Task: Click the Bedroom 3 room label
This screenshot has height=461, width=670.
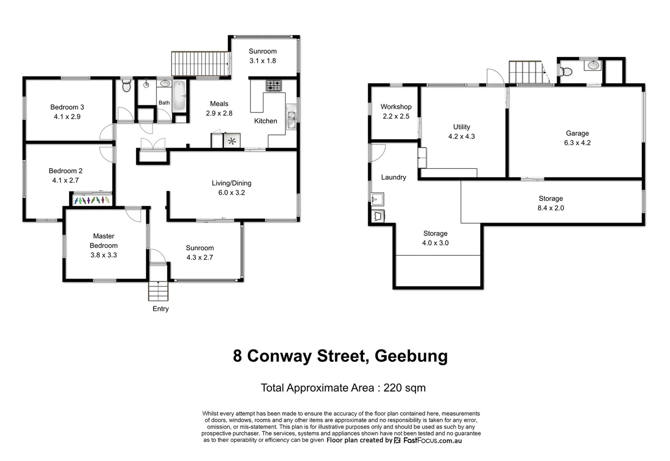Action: (67, 107)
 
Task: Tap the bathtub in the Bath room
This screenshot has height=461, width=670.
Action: (179, 96)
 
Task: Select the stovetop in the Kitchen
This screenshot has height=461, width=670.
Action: (274, 85)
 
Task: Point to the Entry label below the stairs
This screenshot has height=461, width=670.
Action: (161, 309)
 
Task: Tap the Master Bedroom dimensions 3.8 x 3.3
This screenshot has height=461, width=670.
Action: (103, 255)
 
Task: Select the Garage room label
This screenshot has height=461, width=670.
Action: (577, 133)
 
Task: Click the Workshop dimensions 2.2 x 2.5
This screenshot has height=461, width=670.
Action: (396, 116)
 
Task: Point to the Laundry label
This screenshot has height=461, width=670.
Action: (394, 177)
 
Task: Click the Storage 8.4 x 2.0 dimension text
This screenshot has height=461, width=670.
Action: (551, 208)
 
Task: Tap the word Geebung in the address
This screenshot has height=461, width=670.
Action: (411, 356)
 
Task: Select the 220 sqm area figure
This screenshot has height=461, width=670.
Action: (404, 388)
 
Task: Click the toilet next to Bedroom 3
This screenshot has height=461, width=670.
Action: (126, 87)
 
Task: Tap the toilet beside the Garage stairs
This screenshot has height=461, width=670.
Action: (567, 71)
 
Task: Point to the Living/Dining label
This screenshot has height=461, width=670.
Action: (232, 183)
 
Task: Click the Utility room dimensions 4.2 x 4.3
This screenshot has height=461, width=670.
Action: (461, 136)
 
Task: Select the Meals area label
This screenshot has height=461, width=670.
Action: (219, 104)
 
